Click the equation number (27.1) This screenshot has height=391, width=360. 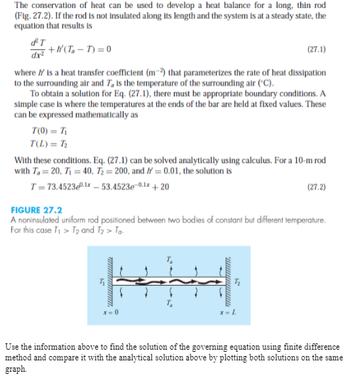point(316,50)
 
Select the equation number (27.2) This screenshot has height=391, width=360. point(316,187)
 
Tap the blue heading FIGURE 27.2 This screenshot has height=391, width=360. point(37,210)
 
